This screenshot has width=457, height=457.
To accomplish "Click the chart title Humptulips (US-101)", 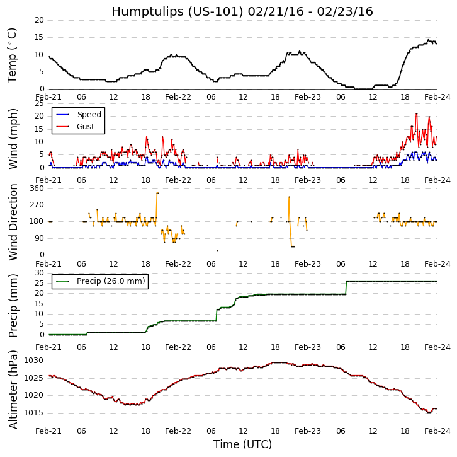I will point(242,11).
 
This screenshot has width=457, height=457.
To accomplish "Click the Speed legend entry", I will point(89,115).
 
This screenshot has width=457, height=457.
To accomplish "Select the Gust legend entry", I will point(86,127).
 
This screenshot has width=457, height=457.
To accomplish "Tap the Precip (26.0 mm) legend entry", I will point(110,281).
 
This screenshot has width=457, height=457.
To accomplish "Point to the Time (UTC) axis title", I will point(242,444).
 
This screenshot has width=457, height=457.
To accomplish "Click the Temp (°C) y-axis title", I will point(13,55).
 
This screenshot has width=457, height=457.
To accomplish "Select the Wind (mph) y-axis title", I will point(13,138).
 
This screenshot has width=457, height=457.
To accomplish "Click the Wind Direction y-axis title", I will point(13,222).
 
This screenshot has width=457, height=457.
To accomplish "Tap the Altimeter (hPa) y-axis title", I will point(13,389).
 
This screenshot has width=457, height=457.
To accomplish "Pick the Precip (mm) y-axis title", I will point(13,305).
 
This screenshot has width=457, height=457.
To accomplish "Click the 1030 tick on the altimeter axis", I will point(34,361).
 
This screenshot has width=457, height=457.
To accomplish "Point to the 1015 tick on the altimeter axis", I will point(34,413).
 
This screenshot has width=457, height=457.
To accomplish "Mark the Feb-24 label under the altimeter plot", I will point(437,431).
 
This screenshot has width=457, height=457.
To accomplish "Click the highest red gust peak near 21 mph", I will point(416,113).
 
